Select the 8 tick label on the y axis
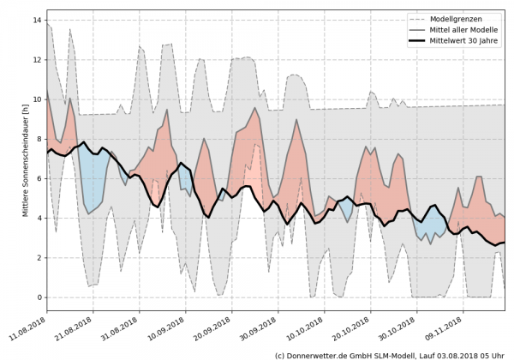click(x=39, y=139)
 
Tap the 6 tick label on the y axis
click(x=39, y=178)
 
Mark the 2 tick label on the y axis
click(x=39, y=258)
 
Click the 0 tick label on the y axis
click(x=39, y=297)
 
